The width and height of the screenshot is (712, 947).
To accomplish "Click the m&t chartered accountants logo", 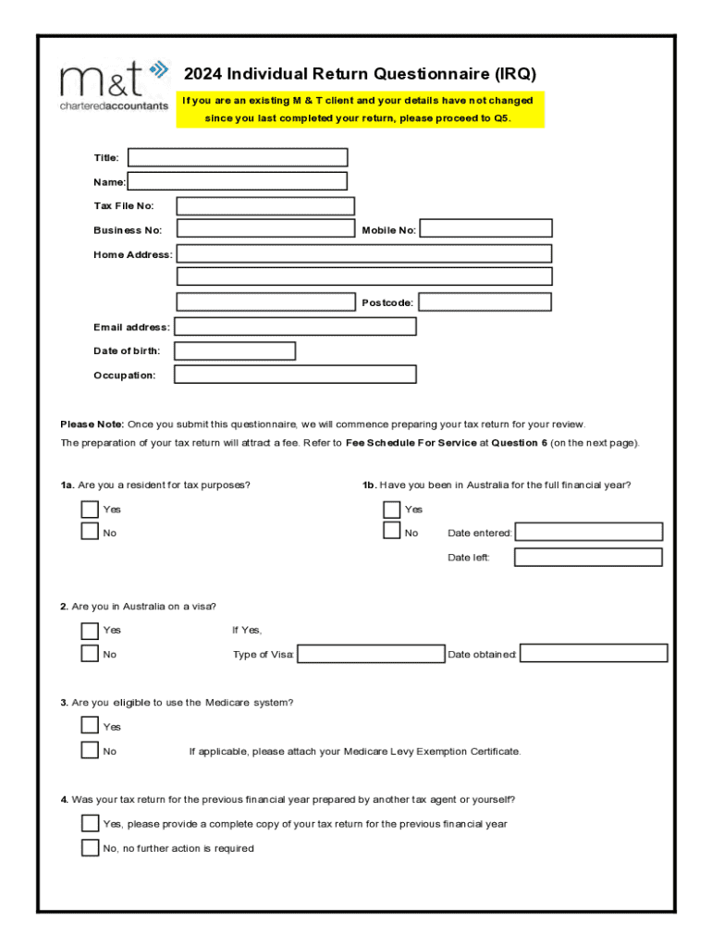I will pos(115,85).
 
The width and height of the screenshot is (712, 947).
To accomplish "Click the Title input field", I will pos(238,157).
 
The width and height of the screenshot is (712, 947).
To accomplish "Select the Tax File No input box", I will pos(265,206).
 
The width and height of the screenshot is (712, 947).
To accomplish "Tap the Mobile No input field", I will pos(486,228).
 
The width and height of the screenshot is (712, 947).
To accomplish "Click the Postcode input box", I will pos(486,302).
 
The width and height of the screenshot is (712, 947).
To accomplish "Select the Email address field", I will pos(295,326).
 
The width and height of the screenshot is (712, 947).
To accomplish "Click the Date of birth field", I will pos(235,351).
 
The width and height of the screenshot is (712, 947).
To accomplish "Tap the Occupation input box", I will pos(295,375).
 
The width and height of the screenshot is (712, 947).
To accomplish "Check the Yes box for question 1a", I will pos(90,509).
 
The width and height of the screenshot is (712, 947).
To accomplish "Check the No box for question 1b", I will pos(391,532).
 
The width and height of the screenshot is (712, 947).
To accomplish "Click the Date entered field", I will pos(589,532).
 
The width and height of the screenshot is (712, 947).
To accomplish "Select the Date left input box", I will pos(589,557).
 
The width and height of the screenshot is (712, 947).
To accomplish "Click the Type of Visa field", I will pos(371,654).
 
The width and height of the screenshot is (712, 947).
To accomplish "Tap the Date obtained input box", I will pos(594,654).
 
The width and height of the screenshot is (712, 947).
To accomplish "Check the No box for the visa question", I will pos(90,654).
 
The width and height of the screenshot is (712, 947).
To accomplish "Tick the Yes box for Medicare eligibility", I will pos(90,726).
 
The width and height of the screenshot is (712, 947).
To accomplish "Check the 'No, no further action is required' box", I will pos(90,848).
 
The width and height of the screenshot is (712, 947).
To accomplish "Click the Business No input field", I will pos(265,228).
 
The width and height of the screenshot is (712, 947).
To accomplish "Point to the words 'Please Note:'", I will pos(92,424).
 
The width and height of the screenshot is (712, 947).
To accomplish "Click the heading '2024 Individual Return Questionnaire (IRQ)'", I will pos(360,74).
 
